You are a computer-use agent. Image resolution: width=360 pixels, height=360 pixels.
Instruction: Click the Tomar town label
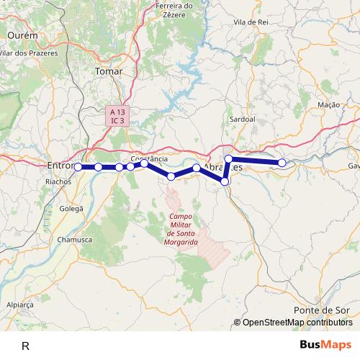[x=109, y=71]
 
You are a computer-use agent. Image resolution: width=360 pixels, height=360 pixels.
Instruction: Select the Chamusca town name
[x=75, y=238]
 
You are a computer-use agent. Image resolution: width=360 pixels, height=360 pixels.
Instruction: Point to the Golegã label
[x=71, y=207]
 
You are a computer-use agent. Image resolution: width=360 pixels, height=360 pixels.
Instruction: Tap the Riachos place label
[x=58, y=182]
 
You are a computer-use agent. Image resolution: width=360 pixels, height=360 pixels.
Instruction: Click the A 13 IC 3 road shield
[x=117, y=115]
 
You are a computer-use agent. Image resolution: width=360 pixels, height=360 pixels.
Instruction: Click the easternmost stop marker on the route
[x=282, y=163]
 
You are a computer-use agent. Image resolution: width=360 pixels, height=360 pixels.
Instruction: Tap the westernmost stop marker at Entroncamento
[x=78, y=166]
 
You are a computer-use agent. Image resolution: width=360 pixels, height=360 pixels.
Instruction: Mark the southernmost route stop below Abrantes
[x=225, y=182]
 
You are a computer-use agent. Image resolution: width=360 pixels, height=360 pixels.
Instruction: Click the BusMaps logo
[x=326, y=345]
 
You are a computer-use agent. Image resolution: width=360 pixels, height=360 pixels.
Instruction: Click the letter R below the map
[x=25, y=346]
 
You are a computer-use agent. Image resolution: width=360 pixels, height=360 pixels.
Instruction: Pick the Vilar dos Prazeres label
[x=27, y=53]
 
